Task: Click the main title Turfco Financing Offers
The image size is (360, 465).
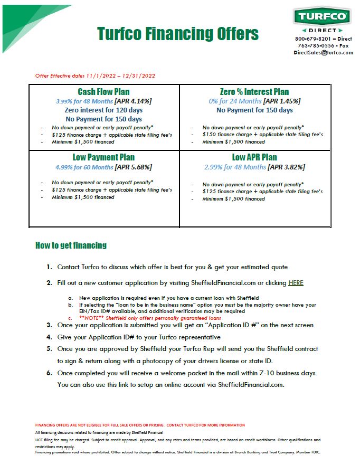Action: (x=178, y=34)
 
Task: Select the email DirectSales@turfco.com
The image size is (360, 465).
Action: (x=323, y=53)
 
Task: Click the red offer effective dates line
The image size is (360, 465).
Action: (x=95, y=76)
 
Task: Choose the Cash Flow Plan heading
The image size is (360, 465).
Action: (x=103, y=92)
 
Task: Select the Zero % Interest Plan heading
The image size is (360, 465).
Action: (x=254, y=92)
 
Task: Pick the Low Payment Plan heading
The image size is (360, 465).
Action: (x=103, y=157)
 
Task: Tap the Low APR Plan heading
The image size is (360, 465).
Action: (x=254, y=157)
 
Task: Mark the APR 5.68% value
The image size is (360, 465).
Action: (x=133, y=167)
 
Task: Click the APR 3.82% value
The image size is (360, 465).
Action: (x=286, y=167)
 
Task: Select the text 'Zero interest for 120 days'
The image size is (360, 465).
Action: (x=103, y=110)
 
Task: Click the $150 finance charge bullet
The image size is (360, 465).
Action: (x=262, y=135)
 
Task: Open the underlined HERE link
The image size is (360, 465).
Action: (x=296, y=283)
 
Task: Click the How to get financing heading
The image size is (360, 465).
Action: (x=71, y=245)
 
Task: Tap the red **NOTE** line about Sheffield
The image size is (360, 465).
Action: (x=142, y=318)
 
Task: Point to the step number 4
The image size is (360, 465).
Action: (x=49, y=337)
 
